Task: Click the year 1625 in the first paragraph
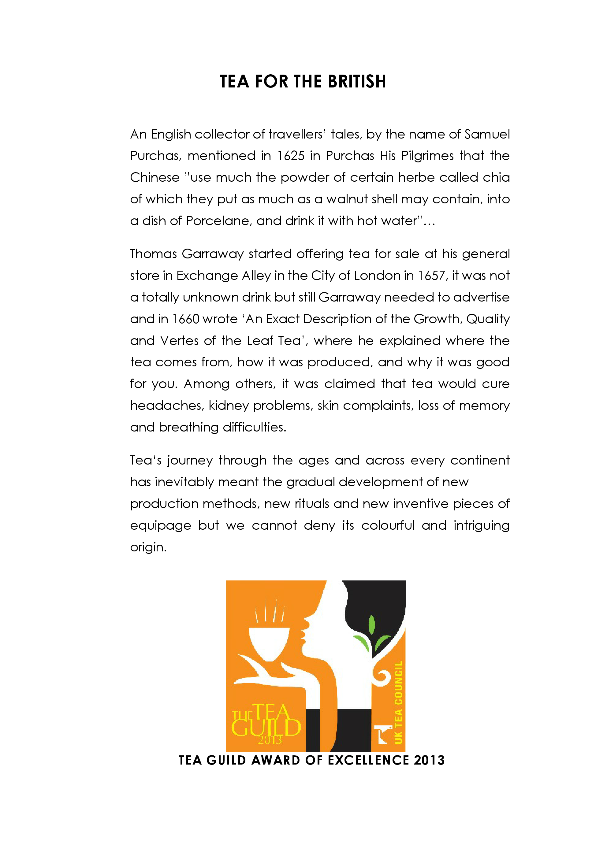pyautogui.click(x=290, y=156)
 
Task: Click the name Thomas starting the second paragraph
pyautogui.click(x=153, y=254)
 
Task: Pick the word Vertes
pyautogui.click(x=179, y=341)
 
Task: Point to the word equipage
pyautogui.click(x=161, y=526)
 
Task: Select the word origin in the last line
pyautogui.click(x=148, y=547)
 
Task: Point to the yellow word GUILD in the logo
pyautogui.click(x=266, y=728)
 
